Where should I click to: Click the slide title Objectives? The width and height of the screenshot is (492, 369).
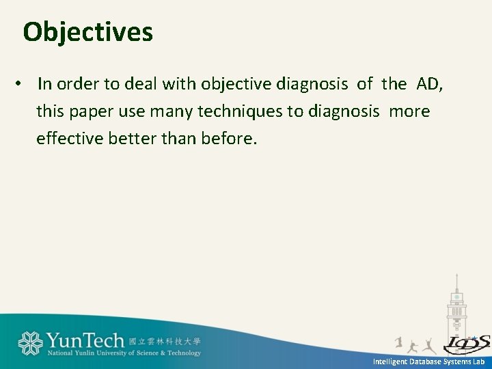coord(87,32)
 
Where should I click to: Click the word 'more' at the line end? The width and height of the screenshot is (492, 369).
coord(410,111)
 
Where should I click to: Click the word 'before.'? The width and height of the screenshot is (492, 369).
coord(230,139)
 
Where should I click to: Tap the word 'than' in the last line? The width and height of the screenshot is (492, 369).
coord(180,139)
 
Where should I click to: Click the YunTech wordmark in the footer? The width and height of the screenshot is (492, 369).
coord(85,340)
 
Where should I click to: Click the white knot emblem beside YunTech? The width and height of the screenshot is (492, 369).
coord(31,343)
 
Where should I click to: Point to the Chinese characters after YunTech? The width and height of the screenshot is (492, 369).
coord(165,340)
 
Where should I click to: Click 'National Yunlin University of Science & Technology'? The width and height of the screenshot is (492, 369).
coord(124,353)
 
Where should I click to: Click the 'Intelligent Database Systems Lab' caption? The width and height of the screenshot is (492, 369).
coord(428,361)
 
